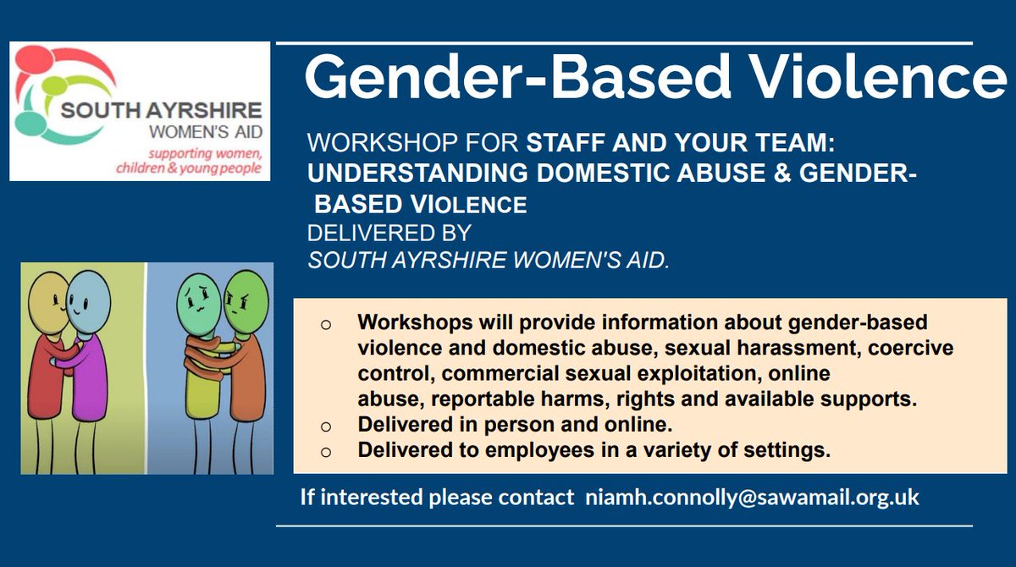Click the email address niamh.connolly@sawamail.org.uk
(x=752, y=497)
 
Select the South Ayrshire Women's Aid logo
(x=140, y=112)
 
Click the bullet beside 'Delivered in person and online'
(x=326, y=427)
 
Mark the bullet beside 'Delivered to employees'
(x=326, y=452)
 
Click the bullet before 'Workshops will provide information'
(x=326, y=325)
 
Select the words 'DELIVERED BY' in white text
(x=389, y=233)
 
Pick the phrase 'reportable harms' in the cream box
(x=488, y=399)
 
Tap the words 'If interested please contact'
(x=437, y=497)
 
